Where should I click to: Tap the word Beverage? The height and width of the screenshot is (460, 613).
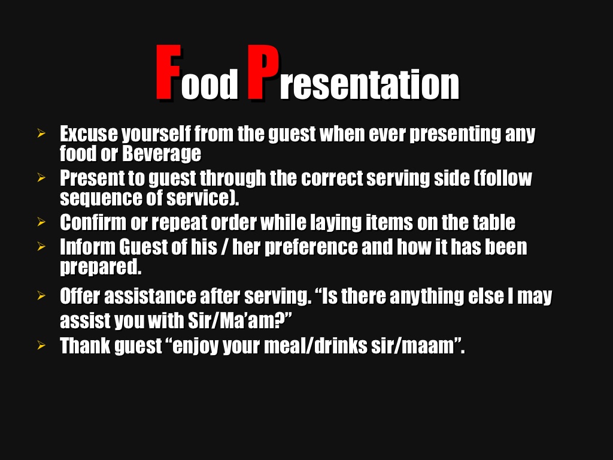[162, 154]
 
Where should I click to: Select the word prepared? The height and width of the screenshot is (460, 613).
[101, 267]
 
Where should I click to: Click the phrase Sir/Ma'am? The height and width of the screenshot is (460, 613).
[236, 320]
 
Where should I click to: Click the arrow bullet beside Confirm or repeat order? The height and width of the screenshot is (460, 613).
[41, 222]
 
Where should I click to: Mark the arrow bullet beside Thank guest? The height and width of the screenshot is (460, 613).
[41, 345]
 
